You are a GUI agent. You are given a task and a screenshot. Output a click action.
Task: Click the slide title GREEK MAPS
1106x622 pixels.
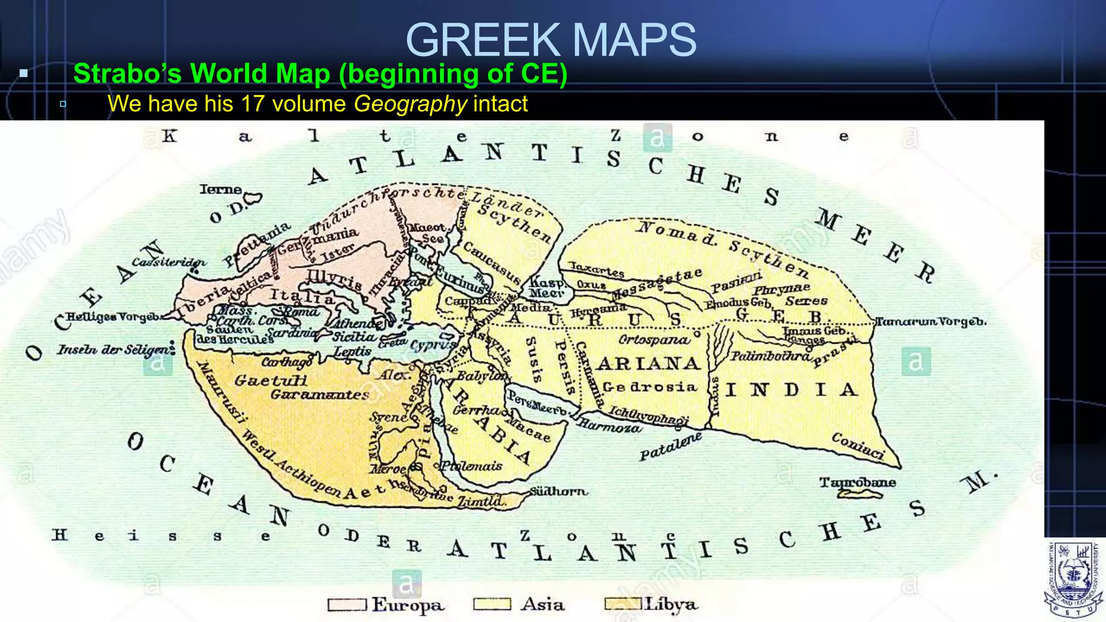pyautogui.click(x=551, y=40)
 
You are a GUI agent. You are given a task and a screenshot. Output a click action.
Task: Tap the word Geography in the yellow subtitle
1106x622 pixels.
pyautogui.click(x=410, y=104)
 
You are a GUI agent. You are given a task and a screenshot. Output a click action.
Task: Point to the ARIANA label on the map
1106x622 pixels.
pyautogui.click(x=649, y=364)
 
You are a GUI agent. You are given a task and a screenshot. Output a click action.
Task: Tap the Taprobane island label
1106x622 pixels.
pyautogui.click(x=857, y=482)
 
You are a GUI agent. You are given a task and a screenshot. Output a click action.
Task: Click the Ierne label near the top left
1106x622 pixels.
pyautogui.click(x=220, y=190)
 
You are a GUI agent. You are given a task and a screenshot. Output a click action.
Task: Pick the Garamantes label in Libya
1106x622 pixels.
pyautogui.click(x=319, y=395)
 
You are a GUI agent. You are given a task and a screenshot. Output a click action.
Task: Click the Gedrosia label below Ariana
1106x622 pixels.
pyautogui.click(x=650, y=387)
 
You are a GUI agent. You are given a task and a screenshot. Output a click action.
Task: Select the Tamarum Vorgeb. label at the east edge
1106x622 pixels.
pyautogui.click(x=930, y=322)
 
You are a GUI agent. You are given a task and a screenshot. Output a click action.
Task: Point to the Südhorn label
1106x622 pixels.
pyautogui.click(x=558, y=491)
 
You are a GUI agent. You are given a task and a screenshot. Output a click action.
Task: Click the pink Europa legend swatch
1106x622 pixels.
pyautogui.click(x=347, y=604)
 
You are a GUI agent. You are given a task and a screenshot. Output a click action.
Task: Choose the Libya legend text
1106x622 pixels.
pyautogui.click(x=671, y=605)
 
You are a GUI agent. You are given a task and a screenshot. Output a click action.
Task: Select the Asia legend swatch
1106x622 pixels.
pyautogui.click(x=491, y=604)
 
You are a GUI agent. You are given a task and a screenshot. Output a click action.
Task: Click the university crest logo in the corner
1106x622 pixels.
pyautogui.click(x=1073, y=579)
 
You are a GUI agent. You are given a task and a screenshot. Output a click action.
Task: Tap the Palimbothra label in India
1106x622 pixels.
pyautogui.click(x=770, y=356)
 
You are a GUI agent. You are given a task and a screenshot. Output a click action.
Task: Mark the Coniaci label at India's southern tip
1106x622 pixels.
pyautogui.click(x=858, y=446)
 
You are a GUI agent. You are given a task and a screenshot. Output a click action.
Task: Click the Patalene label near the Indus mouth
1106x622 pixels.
pyautogui.click(x=670, y=447)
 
